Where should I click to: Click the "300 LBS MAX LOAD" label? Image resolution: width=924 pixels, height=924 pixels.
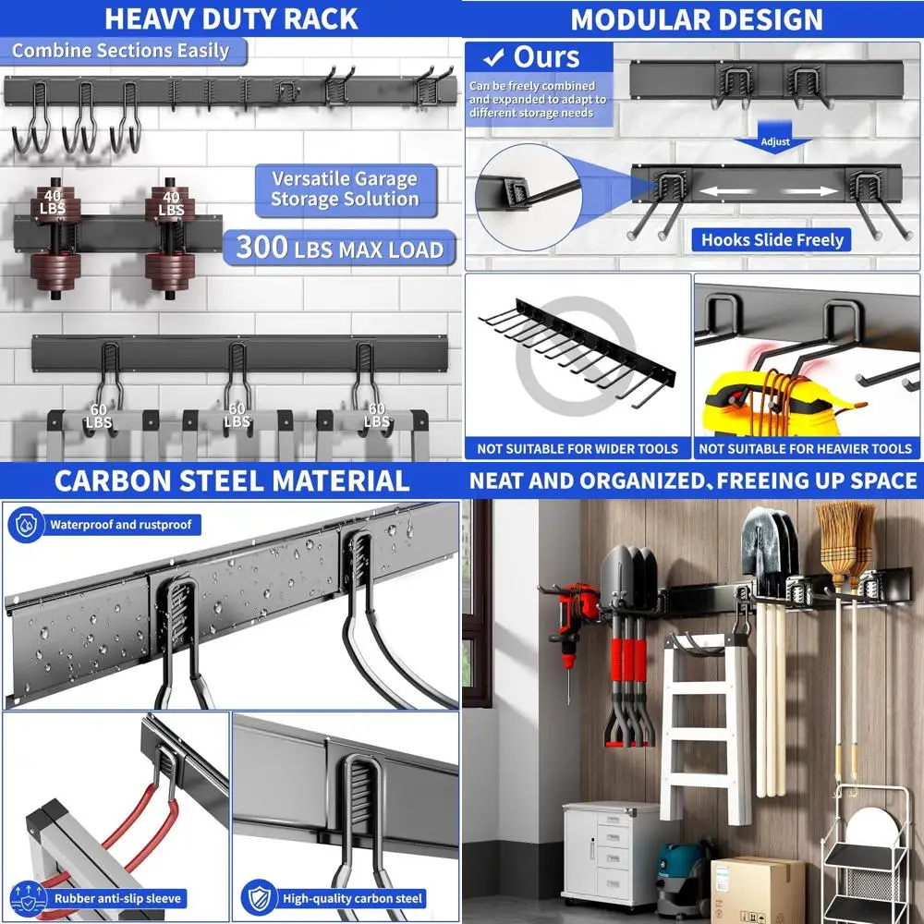coord(340,248)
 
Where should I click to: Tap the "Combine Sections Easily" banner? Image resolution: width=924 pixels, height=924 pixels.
coord(120,50)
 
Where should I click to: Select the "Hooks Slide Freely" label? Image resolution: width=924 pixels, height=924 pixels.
coord(772,240)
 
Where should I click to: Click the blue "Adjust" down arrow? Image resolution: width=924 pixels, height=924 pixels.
coord(775,142)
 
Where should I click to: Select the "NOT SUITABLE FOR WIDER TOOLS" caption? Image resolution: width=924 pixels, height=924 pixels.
coord(577,449)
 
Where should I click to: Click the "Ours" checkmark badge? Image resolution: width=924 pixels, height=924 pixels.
coord(536,57)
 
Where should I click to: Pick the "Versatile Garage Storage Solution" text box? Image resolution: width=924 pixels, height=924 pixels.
coord(344,189)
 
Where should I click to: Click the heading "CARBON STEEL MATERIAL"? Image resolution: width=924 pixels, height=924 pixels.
coord(231,480)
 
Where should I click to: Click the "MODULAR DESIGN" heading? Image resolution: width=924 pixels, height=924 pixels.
coord(695,18)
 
